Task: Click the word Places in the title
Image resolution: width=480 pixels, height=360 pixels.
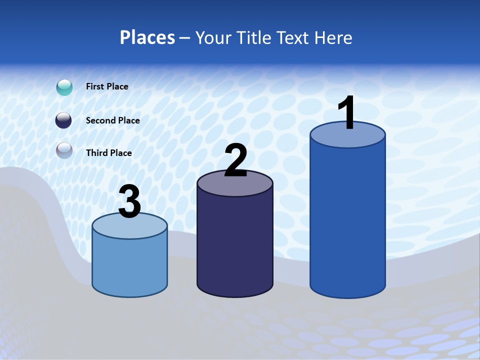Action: tap(147, 37)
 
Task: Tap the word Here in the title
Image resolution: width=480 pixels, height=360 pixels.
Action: tap(332, 37)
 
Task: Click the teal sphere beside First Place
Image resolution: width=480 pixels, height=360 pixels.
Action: tap(64, 87)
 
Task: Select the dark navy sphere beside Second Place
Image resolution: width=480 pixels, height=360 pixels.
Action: tap(63, 120)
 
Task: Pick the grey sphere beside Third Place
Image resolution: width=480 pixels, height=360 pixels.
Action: tap(64, 150)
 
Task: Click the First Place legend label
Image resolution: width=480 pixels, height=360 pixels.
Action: tap(107, 86)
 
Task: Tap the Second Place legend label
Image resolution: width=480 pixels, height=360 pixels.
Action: tap(112, 120)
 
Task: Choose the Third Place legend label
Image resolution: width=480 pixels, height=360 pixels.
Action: tap(108, 153)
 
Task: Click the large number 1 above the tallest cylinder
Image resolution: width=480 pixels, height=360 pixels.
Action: tap(347, 113)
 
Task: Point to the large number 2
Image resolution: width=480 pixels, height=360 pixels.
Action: tap(235, 160)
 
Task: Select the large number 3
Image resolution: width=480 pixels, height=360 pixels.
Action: tap(129, 202)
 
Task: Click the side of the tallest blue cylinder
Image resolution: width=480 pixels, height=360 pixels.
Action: tap(347, 220)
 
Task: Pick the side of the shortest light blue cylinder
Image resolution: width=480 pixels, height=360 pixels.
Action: tap(129, 265)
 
